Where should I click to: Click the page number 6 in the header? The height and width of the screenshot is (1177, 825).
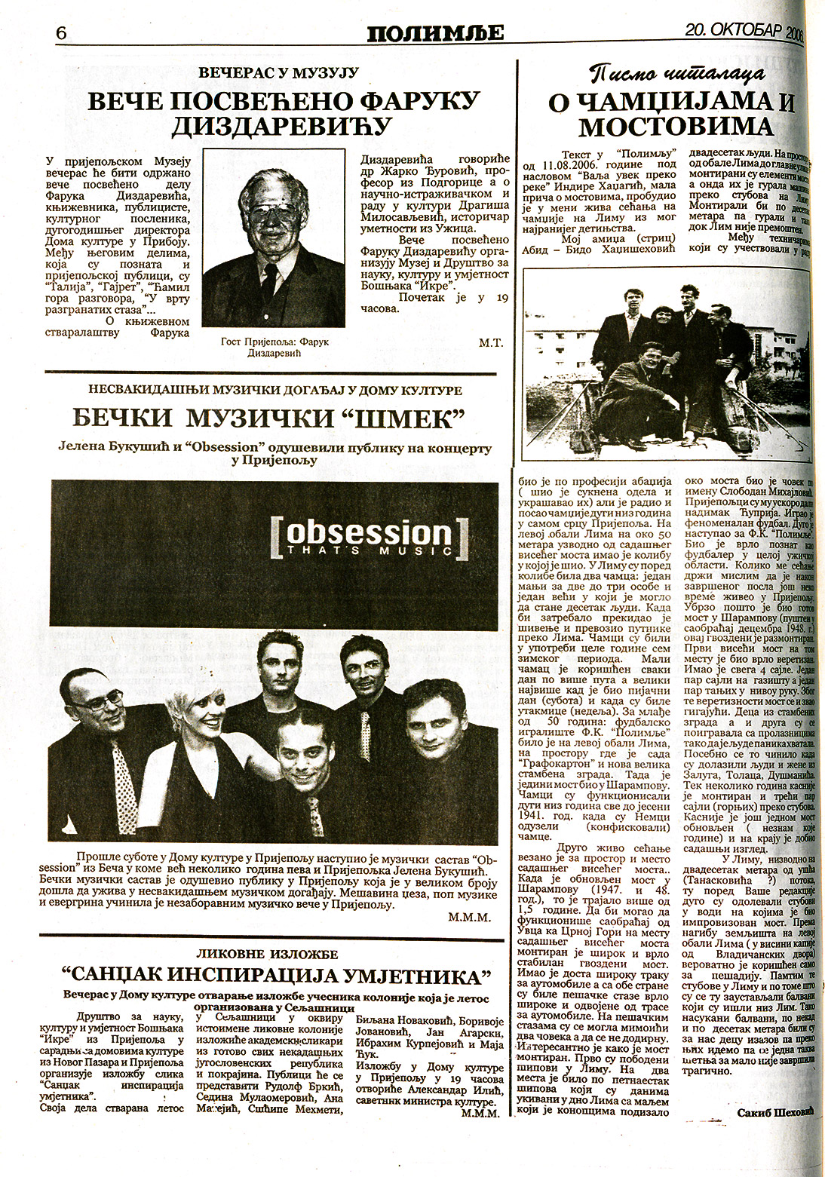62,33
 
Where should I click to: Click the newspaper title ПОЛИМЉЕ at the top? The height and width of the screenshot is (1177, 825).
435,32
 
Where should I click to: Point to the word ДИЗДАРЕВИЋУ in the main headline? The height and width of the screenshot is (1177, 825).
282,125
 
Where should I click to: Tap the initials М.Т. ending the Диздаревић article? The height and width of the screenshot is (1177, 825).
491,342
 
